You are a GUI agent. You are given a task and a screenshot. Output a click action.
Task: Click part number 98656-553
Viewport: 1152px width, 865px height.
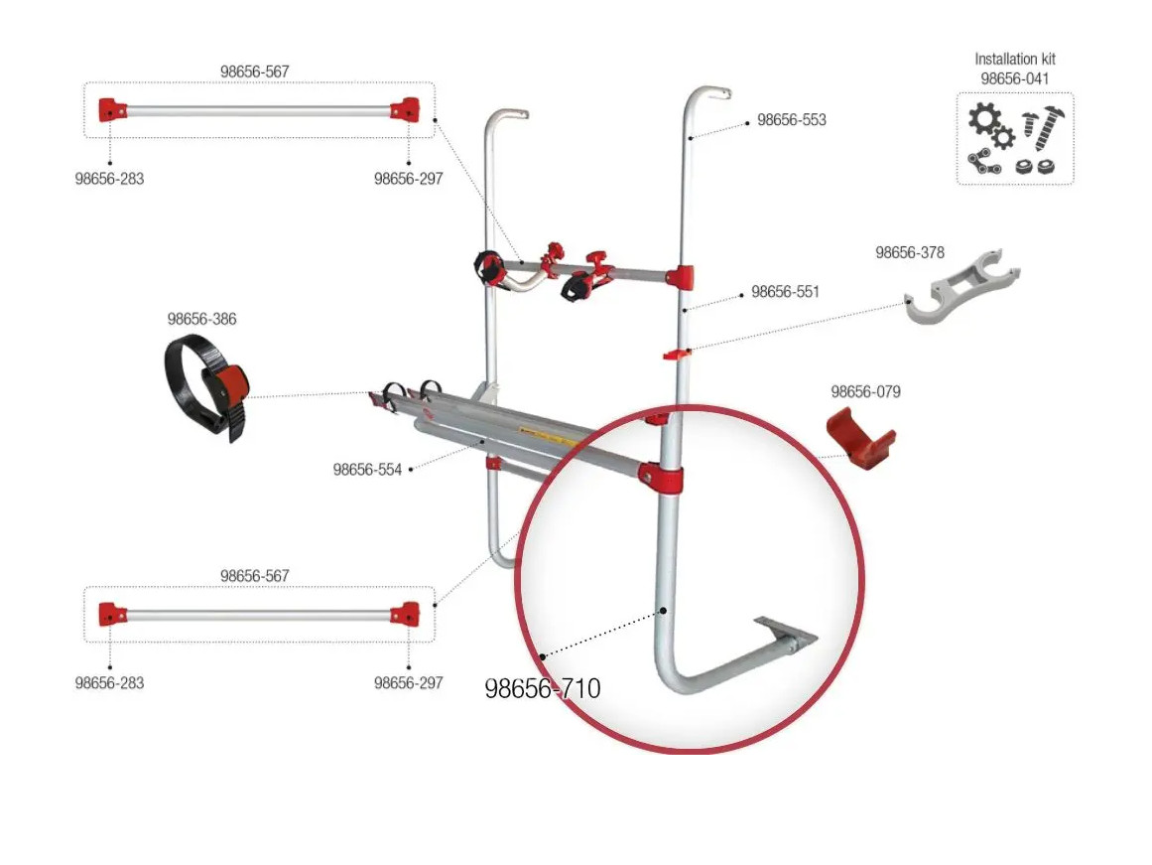click(x=791, y=120)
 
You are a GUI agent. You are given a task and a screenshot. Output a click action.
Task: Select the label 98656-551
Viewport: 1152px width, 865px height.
click(x=785, y=292)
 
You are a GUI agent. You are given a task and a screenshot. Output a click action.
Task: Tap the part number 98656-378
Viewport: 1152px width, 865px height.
click(x=909, y=253)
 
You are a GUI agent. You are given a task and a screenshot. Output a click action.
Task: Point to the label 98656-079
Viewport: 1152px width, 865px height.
click(x=865, y=392)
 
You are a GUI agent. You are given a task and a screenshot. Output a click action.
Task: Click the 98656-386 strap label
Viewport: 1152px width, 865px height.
click(x=201, y=320)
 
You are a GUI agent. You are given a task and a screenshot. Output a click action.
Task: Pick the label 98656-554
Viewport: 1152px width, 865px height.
click(x=367, y=470)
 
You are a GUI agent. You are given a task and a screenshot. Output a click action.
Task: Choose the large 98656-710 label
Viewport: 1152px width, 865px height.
click(x=542, y=688)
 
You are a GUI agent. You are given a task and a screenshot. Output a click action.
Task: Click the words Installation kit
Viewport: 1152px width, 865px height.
click(x=1014, y=60)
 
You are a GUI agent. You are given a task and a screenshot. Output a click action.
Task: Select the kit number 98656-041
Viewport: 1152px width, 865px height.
click(x=1014, y=77)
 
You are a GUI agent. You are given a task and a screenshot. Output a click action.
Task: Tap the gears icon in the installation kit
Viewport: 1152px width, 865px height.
click(x=989, y=126)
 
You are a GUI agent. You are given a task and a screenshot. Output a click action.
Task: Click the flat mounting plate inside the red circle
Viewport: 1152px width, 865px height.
click(x=787, y=633)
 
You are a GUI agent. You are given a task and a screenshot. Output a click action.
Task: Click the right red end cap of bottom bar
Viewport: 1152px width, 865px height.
click(x=404, y=613)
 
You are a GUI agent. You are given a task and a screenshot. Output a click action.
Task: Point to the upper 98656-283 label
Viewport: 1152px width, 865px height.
click(x=109, y=179)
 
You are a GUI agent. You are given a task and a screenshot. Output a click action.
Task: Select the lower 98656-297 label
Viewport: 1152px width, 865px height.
click(x=408, y=683)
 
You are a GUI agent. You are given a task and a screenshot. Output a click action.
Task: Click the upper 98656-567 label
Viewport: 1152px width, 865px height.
click(x=254, y=72)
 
